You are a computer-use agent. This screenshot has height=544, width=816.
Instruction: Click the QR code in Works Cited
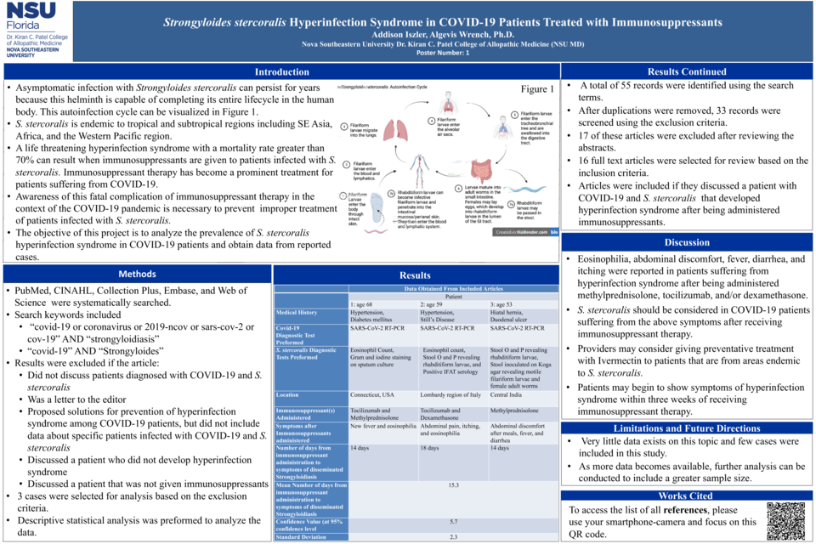pyautogui.click(x=785, y=521)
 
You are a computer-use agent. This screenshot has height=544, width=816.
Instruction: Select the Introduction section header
pyautogui.click(x=281, y=72)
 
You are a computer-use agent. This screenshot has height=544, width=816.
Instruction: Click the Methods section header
pyautogui.click(x=137, y=274)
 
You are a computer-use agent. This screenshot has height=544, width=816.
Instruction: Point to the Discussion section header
pyautogui.click(x=687, y=242)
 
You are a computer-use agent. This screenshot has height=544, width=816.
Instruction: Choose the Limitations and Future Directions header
pyautogui.click(x=687, y=428)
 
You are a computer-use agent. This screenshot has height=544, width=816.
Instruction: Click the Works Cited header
pyautogui.click(x=687, y=496)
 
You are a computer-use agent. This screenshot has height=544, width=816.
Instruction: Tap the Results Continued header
pyautogui.click(x=687, y=72)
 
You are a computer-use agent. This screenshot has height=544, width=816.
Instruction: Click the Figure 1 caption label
pyautogui.click(x=537, y=88)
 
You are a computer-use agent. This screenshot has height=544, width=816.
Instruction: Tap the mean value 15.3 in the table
pyautogui.click(x=453, y=485)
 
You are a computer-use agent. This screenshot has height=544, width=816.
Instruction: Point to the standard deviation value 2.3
pyautogui.click(x=453, y=536)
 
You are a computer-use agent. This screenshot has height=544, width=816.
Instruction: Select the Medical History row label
pyautogui.click(x=297, y=312)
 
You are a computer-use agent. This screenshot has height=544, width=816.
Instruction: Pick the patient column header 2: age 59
pyautogui.click(x=437, y=303)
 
